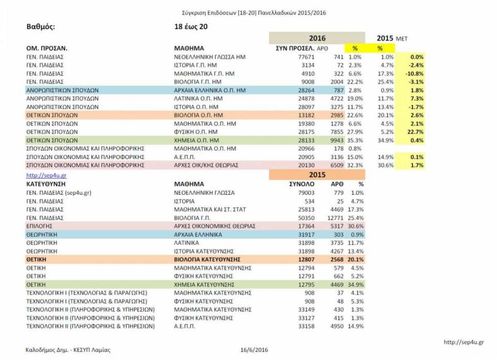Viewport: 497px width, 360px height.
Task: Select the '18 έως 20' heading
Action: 192,26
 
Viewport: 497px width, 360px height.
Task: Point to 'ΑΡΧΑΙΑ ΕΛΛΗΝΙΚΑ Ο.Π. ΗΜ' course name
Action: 209,90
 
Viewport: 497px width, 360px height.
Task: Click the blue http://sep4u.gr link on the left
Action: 46,175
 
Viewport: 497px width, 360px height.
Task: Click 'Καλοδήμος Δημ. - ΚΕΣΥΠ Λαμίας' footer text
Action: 68,350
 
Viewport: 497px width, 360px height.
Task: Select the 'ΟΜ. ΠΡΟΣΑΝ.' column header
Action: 47,48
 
